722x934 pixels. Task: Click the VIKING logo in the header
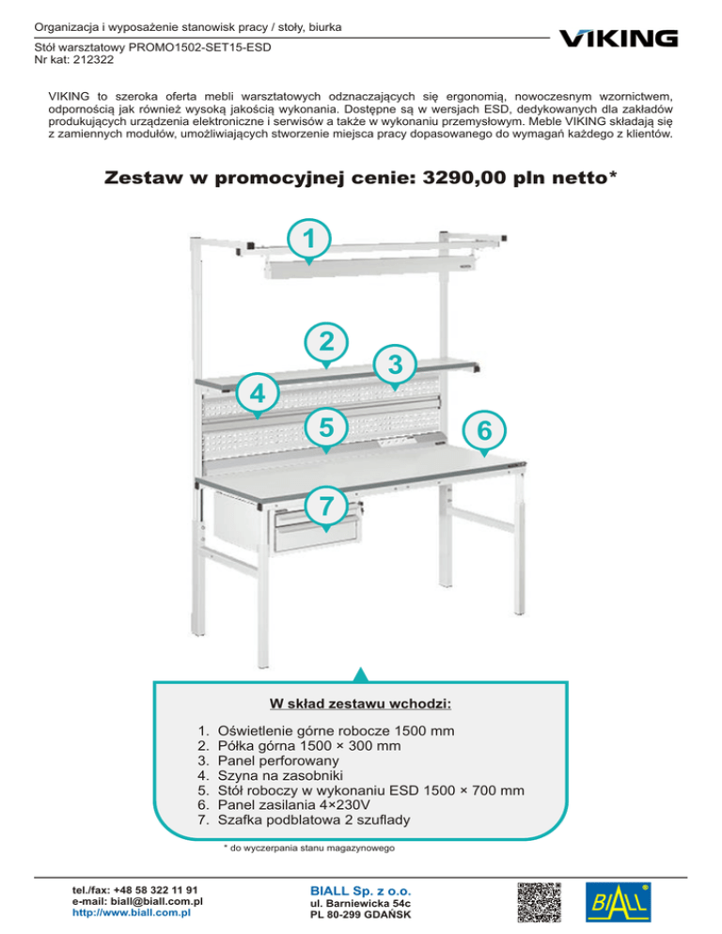coord(618,38)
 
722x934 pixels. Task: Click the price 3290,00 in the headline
coord(494,178)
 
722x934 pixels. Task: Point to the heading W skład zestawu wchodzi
coord(360,704)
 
